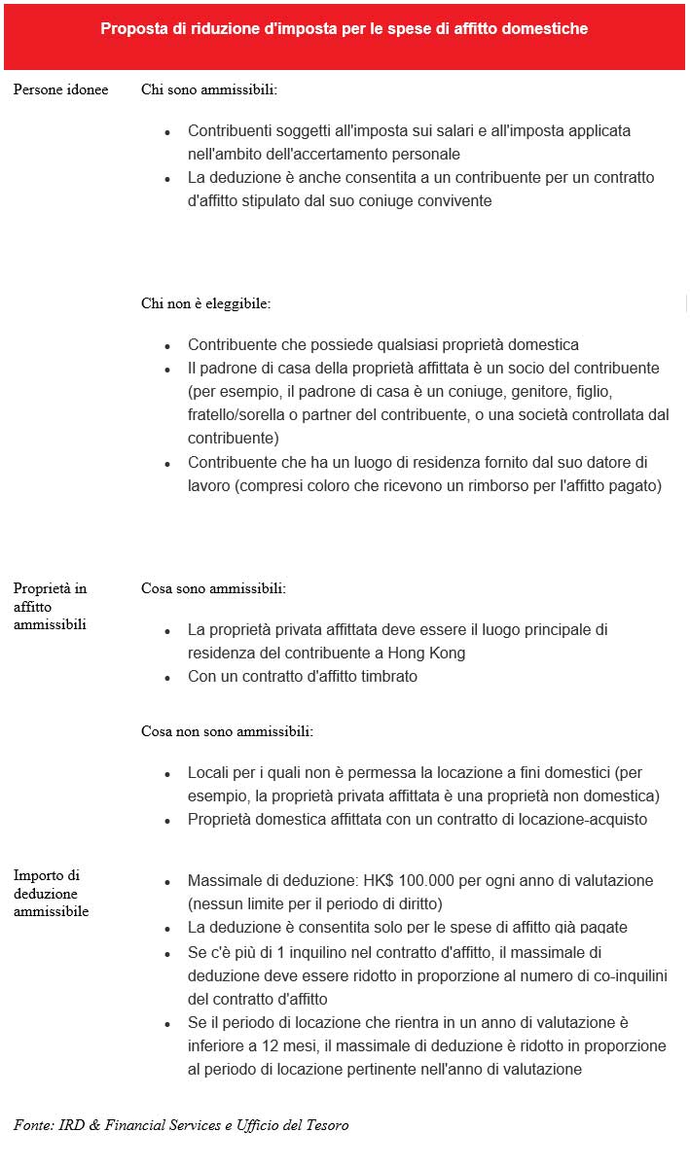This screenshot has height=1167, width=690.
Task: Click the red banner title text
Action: (x=344, y=29)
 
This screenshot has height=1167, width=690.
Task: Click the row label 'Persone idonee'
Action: (x=60, y=89)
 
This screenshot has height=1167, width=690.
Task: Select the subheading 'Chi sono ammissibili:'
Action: (x=208, y=89)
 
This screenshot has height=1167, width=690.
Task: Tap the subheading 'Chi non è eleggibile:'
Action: (x=205, y=303)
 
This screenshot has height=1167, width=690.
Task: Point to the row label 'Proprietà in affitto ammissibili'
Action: (x=50, y=606)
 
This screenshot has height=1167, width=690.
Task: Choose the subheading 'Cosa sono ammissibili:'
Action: (x=213, y=588)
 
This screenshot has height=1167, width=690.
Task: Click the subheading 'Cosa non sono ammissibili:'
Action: (x=227, y=730)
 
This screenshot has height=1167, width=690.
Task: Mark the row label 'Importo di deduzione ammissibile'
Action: (x=52, y=893)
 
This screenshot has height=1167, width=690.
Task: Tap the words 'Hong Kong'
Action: (x=428, y=653)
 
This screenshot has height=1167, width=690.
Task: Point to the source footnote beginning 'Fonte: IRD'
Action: (x=181, y=1125)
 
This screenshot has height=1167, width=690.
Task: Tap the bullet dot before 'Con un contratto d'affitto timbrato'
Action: (x=167, y=677)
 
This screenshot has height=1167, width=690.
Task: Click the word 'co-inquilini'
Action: (x=575, y=975)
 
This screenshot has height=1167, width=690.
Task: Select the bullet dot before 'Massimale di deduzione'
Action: (x=167, y=881)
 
